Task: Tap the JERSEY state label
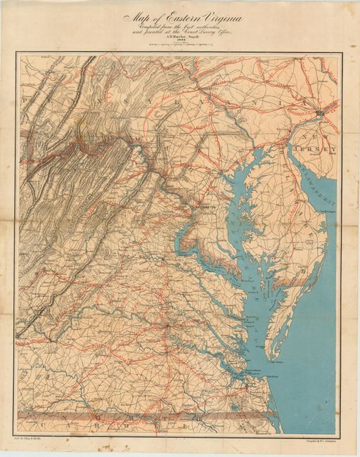(320, 149)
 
